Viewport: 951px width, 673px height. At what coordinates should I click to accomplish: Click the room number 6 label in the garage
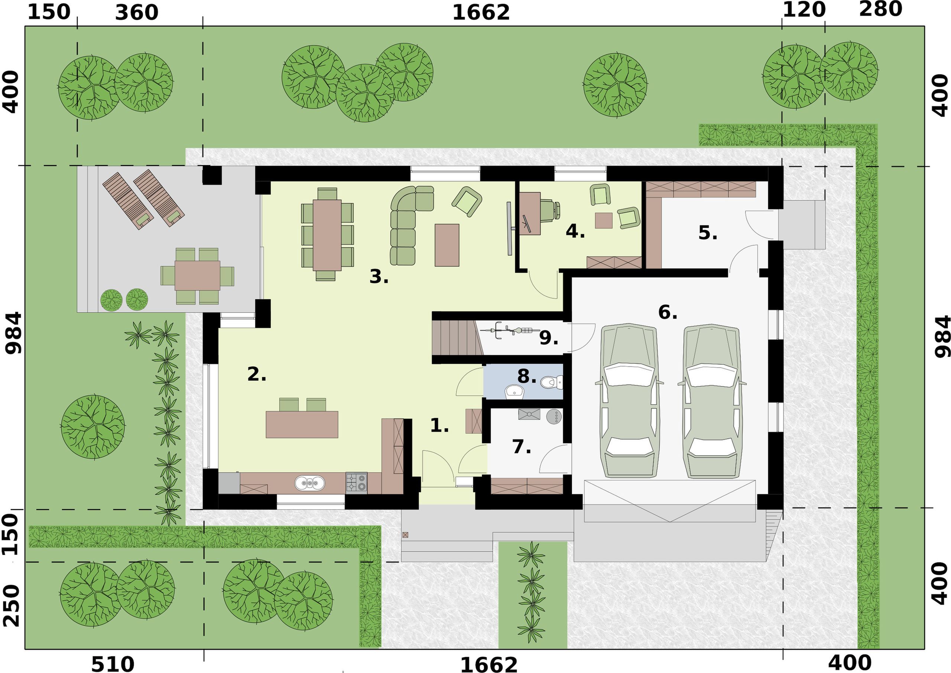pyautogui.click(x=667, y=312)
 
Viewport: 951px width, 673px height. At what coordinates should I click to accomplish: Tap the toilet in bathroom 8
pyautogui.click(x=552, y=382)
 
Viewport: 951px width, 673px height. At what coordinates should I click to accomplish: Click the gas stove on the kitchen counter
pyautogui.click(x=356, y=482)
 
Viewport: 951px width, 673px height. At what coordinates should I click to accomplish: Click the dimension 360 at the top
pyautogui.click(x=136, y=12)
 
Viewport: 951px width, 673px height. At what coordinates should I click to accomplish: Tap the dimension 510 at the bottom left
pyautogui.click(x=113, y=663)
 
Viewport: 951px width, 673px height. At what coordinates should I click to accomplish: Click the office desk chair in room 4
pyautogui.click(x=551, y=210)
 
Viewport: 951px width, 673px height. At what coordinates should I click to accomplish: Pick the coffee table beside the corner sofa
pyautogui.click(x=447, y=245)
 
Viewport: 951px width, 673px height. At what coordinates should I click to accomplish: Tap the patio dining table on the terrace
pyautogui.click(x=197, y=275)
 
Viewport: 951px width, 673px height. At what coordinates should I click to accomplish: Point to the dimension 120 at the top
pyautogui.click(x=804, y=10)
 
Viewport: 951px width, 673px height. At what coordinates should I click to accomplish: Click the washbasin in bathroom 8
pyautogui.click(x=514, y=391)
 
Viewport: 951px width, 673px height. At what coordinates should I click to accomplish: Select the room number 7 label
pyautogui.click(x=521, y=447)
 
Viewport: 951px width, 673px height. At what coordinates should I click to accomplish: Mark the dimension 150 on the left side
pyautogui.click(x=10, y=534)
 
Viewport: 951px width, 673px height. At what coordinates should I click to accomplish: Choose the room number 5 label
pyautogui.click(x=708, y=233)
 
